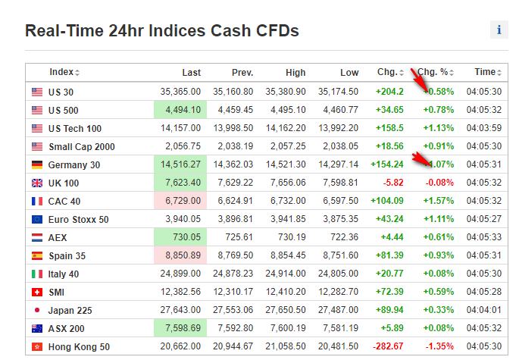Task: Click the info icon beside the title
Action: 499,30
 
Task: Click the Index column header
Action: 63,73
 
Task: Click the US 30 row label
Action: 61,92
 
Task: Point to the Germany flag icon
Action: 37,164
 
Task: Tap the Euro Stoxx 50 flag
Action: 37,219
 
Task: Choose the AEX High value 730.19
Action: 289,237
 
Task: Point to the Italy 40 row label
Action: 63,274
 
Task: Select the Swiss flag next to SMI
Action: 37,292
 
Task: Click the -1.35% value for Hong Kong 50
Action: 439,346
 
